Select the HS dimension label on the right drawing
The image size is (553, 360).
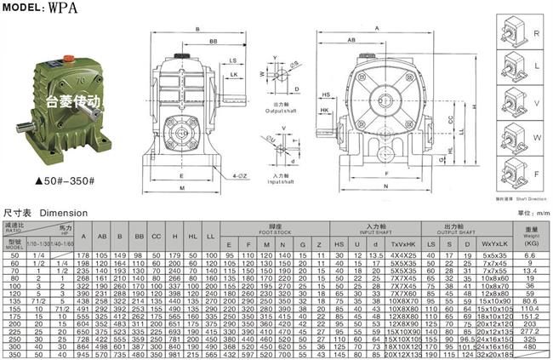coord(326,94)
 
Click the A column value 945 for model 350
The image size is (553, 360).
coord(83,355)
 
